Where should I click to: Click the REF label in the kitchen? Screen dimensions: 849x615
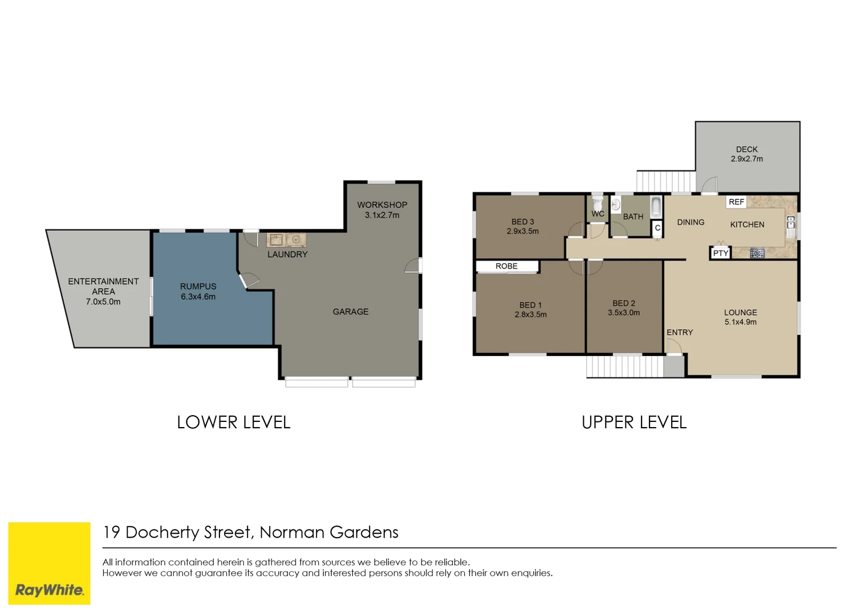(736, 202)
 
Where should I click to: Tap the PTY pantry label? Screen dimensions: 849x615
(721, 253)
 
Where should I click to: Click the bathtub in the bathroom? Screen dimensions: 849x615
(656, 207)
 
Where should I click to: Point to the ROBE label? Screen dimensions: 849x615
(506, 266)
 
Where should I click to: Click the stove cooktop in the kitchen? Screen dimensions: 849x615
(757, 253)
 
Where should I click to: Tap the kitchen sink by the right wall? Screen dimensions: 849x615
(791, 226)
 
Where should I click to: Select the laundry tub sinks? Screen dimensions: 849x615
(286, 240)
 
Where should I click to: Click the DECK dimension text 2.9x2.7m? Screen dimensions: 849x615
(747, 159)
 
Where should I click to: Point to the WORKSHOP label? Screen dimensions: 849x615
(382, 205)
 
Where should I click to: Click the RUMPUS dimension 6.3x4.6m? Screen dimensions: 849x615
(198, 297)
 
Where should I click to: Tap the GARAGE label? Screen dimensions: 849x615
(351, 311)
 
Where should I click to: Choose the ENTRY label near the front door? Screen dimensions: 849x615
(680, 333)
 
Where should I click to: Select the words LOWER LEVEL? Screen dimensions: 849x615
(233, 423)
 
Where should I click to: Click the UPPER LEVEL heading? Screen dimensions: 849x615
(634, 423)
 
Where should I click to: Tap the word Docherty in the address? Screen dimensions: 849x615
(163, 532)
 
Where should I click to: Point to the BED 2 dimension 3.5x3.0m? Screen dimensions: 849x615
(624, 313)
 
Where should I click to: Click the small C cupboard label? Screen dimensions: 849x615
(657, 228)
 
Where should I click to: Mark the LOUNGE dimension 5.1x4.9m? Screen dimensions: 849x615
(741, 322)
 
